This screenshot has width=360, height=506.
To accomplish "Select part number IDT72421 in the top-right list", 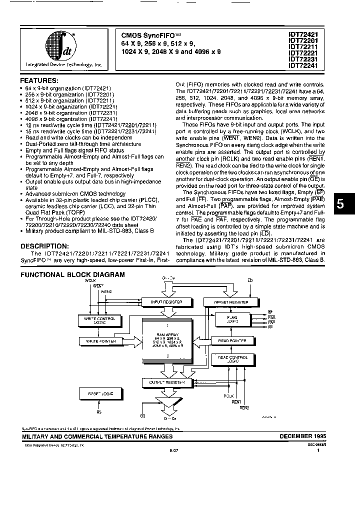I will click(x=306, y=34).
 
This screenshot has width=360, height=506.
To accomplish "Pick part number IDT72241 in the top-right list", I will click(x=306, y=64).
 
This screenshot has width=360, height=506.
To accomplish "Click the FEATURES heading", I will click(x=39, y=80).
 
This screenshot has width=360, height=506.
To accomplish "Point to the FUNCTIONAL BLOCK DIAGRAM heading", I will click(x=72, y=275).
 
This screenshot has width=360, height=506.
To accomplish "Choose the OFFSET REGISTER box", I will click(x=231, y=302).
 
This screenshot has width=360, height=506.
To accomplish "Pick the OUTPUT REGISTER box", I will click(x=163, y=382).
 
